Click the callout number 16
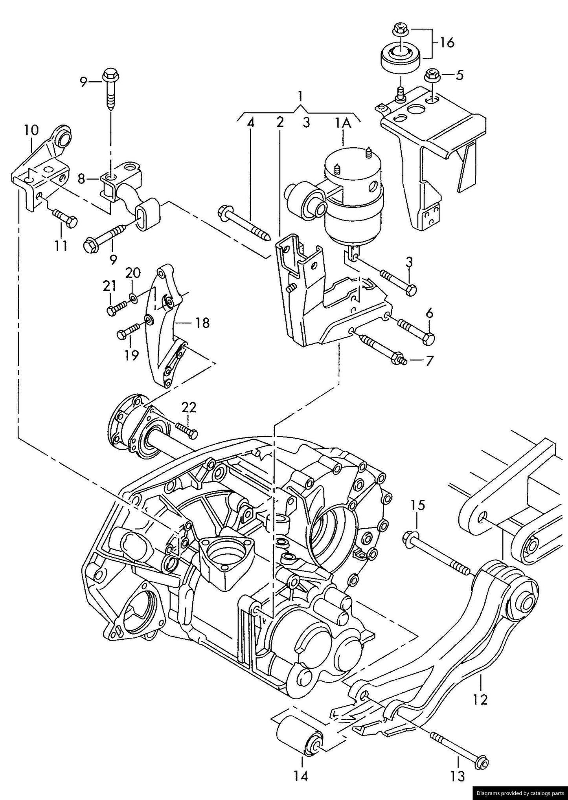pos(447,42)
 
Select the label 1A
pos(342,123)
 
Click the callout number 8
pos(81,179)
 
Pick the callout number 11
pos(61,246)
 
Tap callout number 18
pos(202,323)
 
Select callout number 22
pos(189,407)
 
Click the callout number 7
pos(429,360)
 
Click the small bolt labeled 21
pos(116,307)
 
